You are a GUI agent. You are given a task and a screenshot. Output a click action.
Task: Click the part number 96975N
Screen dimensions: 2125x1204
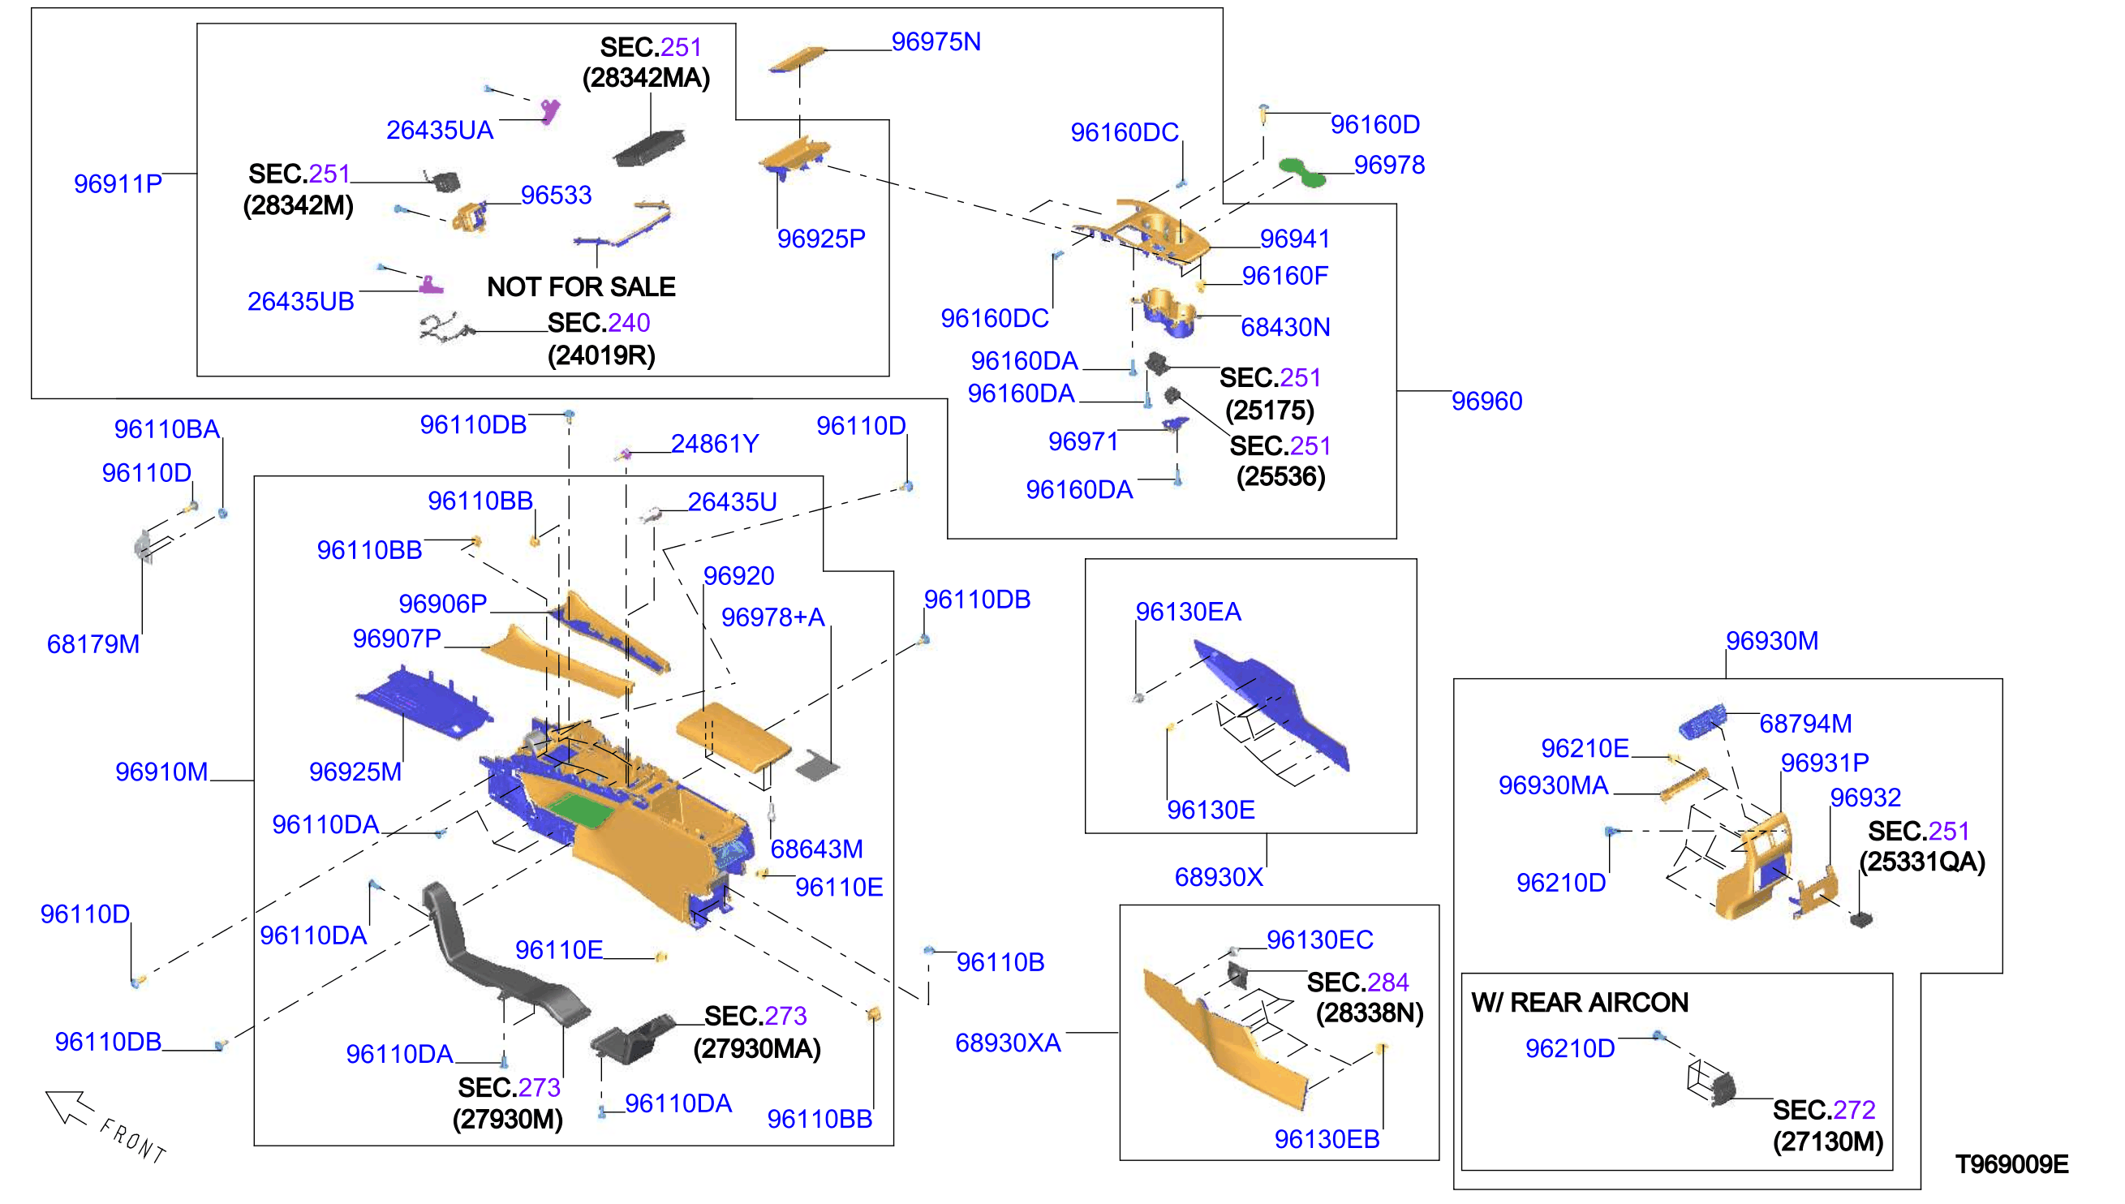[936, 41]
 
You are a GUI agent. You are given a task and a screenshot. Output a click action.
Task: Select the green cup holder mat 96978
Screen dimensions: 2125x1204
[1301, 171]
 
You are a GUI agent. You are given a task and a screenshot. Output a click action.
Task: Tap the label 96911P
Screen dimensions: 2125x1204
[118, 183]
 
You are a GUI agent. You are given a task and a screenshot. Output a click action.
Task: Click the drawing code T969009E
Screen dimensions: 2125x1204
[2011, 1164]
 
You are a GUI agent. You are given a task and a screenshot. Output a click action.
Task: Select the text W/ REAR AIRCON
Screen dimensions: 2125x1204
[1579, 1002]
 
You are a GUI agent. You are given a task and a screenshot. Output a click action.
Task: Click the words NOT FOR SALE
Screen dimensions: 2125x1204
[580, 287]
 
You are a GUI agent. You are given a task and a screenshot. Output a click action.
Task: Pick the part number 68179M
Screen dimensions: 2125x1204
[93, 644]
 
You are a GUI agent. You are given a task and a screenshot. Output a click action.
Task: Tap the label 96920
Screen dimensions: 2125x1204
[738, 575]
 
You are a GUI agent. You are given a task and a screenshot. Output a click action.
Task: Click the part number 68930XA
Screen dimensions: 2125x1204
[1007, 1043]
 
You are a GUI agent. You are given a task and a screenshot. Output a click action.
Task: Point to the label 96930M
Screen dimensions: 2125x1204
[1771, 641]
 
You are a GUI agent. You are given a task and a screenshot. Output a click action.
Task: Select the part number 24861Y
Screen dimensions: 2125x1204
[714, 444]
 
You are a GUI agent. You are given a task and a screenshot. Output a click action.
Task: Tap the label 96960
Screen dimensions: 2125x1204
[1486, 401]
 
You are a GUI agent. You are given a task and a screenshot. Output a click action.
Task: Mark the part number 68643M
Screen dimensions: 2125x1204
[816, 849]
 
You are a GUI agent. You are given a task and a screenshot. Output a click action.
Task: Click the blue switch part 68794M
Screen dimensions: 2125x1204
[1702, 721]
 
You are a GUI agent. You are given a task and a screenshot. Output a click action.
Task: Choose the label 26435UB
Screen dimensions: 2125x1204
[300, 301]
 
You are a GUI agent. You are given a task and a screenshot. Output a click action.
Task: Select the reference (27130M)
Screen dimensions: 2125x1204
[1827, 1142]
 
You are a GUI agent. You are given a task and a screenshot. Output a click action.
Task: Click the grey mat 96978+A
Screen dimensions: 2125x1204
[818, 765]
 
